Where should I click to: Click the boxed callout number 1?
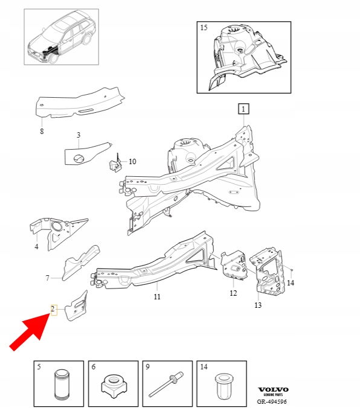point(243,109)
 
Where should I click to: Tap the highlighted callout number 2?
point(53,310)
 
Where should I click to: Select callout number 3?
point(79,135)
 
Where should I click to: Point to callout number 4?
point(36,246)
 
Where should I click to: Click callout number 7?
point(47,278)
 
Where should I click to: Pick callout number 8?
point(42,131)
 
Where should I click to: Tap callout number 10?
point(132,162)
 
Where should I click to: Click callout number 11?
point(157,296)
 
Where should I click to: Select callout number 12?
point(233,293)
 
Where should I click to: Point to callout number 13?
point(258,305)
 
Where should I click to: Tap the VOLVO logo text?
point(273,389)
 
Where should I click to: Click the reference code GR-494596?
point(272,401)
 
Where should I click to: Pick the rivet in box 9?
point(166,384)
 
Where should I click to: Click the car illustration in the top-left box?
point(62,37)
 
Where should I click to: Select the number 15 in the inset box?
point(204,28)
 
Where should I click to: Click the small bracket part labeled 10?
point(115,164)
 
